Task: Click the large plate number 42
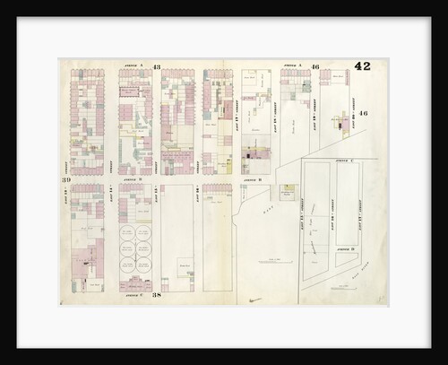click(x=362, y=65)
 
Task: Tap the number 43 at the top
click(x=156, y=67)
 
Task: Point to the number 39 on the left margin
click(x=66, y=179)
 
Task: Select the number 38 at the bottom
click(x=156, y=294)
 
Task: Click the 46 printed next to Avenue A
click(x=315, y=67)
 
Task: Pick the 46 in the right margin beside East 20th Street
click(x=363, y=114)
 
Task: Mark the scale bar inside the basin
click(x=270, y=261)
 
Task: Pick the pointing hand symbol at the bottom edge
click(x=256, y=300)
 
